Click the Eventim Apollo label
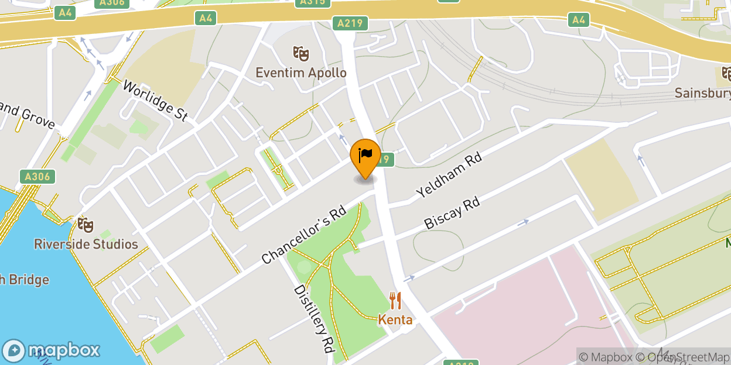coord(300,73)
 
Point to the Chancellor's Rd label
coord(303,236)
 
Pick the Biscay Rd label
coord(452,213)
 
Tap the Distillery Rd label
coord(313,319)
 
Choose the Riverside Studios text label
coord(86,244)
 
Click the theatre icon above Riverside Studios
coord(86,225)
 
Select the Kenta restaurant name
coord(395,320)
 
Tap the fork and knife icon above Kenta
coord(395,301)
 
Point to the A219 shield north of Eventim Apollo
coord(351,23)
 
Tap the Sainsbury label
coord(702,93)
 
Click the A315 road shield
coord(312,2)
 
